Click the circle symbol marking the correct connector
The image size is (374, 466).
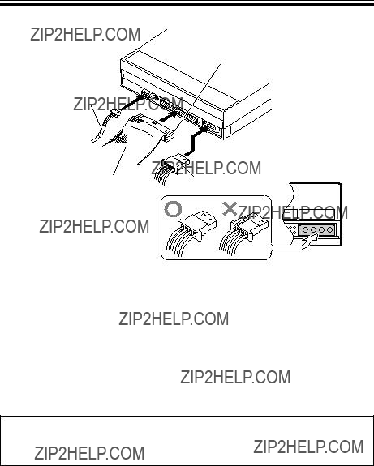[173, 209]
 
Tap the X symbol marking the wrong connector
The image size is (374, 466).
[230, 208]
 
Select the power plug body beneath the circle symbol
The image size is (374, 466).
[197, 226]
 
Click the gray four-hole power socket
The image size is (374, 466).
[317, 229]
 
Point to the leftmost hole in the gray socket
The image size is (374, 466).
[305, 229]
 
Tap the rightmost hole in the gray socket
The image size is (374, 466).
[329, 229]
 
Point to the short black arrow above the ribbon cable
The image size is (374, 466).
[169, 116]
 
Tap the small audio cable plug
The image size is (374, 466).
[114, 113]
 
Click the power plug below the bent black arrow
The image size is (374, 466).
[178, 163]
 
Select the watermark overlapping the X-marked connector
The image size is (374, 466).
[293, 212]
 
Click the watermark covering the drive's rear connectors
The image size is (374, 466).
[128, 104]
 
